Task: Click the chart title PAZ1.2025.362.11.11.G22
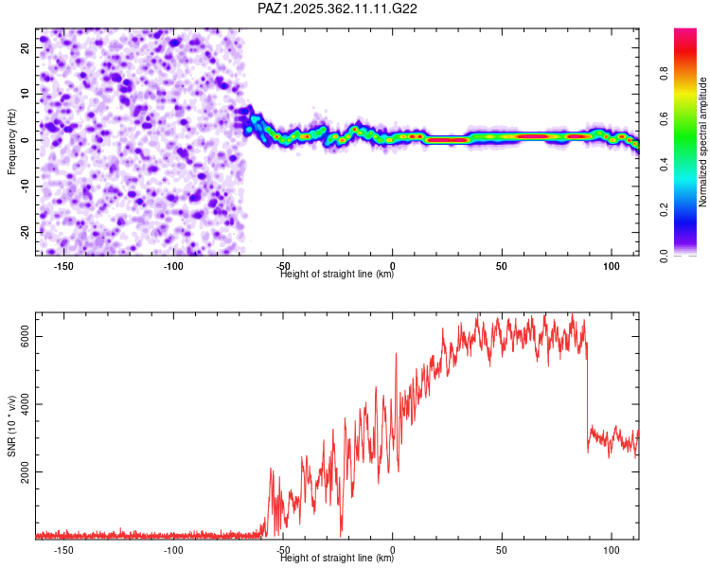[338, 9]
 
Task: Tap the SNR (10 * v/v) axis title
[11, 426]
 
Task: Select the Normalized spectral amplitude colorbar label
[702, 142]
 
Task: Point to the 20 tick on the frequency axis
[27, 46]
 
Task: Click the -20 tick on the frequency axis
[27, 232]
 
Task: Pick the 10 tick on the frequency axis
[27, 93]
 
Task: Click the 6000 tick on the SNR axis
[26, 337]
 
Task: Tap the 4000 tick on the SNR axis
[26, 404]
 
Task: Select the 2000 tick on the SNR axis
[26, 471]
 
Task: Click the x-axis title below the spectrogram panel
[337, 275]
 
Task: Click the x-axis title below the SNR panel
[337, 559]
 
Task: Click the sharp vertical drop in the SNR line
[587, 398]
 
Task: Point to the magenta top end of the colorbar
[684, 33]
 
